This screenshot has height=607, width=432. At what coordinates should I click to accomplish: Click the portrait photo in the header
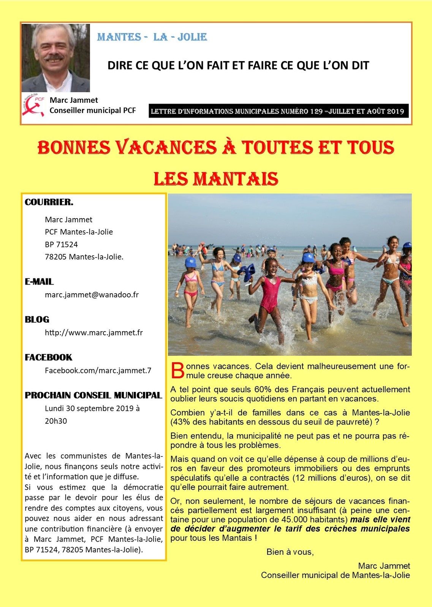(x=56, y=58)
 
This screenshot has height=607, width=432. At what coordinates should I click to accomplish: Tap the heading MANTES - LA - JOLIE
(x=152, y=37)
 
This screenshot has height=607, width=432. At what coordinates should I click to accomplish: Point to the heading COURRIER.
(x=49, y=202)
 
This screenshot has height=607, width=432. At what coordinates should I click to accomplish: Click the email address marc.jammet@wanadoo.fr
(x=92, y=294)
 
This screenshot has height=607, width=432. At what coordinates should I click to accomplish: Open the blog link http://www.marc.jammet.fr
(x=94, y=333)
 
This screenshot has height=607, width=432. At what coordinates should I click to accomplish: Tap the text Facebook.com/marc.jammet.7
(x=98, y=371)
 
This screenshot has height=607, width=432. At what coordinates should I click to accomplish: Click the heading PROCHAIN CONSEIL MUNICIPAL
(x=93, y=395)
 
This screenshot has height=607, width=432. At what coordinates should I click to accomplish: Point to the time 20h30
(x=56, y=421)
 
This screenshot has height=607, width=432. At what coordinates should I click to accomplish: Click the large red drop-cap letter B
(x=177, y=371)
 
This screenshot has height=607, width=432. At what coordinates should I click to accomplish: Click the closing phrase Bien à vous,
(x=290, y=552)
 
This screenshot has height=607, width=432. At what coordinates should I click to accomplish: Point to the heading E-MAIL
(x=39, y=281)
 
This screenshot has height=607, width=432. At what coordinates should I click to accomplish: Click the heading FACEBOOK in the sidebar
(x=48, y=357)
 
